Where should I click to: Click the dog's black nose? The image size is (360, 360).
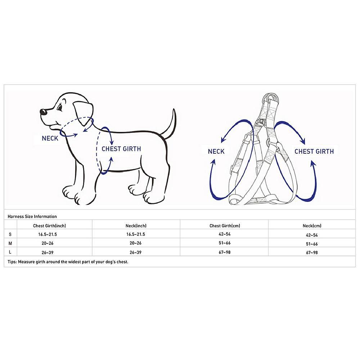pos(43,112)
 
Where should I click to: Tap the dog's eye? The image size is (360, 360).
pos(60,108)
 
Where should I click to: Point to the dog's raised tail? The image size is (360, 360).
pos(170,125)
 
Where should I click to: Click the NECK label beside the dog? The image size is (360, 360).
pos(50,138)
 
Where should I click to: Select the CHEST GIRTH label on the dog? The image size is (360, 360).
pos(121,149)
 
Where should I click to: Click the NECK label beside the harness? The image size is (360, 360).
pos(216,152)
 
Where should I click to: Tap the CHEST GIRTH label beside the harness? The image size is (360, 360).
pos(314,152)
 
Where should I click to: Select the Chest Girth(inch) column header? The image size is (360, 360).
pos(49,226)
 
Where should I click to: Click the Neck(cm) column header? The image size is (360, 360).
pos(312,226)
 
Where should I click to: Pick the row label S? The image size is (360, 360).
pos(10,234)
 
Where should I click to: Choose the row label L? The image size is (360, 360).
pos(10,252)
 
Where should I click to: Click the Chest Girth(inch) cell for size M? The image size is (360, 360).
pos(48,243)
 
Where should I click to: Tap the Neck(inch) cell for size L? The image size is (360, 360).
pos(135,252)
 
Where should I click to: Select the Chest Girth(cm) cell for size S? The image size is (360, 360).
pos(225,234)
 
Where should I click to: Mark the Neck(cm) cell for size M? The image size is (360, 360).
pos(312,244)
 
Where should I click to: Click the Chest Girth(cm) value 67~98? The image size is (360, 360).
pos(225,252)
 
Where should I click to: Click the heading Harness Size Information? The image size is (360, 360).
pos(32,216)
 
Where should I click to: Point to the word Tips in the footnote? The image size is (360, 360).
pos(12,262)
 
